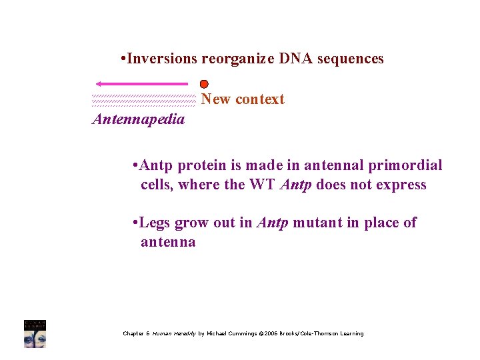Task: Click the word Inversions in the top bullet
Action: [161, 59]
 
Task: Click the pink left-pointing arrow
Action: [141, 84]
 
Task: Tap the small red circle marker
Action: [204, 85]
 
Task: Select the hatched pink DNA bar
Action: [143, 100]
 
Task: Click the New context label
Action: [243, 99]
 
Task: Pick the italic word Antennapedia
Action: [138, 120]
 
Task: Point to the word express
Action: [401, 185]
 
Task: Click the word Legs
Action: [155, 223]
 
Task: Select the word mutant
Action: [317, 223]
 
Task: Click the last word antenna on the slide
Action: [168, 242]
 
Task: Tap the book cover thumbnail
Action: [35, 333]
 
